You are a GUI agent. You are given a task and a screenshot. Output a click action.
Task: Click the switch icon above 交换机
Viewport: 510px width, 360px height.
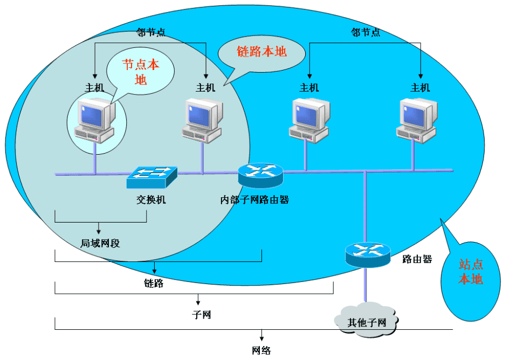(152, 177)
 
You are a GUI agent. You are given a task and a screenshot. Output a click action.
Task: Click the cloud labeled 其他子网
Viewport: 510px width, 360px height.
(367, 322)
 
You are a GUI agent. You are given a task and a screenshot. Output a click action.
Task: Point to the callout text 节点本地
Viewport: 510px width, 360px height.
(141, 72)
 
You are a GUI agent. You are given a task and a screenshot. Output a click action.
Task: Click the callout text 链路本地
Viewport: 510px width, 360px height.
(262, 52)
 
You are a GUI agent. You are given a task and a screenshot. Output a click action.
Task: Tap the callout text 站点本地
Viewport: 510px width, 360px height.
(471, 272)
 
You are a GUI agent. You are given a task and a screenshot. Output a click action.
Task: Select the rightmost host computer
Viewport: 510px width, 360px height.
(417, 120)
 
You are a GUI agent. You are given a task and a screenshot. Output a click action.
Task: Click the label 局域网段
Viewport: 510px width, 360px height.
(100, 243)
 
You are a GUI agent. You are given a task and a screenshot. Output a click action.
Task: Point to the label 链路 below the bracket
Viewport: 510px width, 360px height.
(154, 283)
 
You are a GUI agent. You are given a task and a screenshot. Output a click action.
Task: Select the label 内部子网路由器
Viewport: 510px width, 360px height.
(255, 200)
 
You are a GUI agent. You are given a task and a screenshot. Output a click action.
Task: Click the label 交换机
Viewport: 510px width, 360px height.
(151, 200)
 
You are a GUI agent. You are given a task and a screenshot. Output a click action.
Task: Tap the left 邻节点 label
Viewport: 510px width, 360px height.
(151, 32)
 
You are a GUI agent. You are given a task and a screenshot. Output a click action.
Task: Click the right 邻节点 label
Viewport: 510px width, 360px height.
(366, 32)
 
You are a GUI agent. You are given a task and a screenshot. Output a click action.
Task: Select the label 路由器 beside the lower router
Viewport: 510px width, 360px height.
(417, 259)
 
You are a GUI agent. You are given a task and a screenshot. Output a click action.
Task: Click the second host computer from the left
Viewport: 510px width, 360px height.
(203, 121)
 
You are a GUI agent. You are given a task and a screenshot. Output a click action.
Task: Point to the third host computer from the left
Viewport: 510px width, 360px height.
(309, 120)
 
